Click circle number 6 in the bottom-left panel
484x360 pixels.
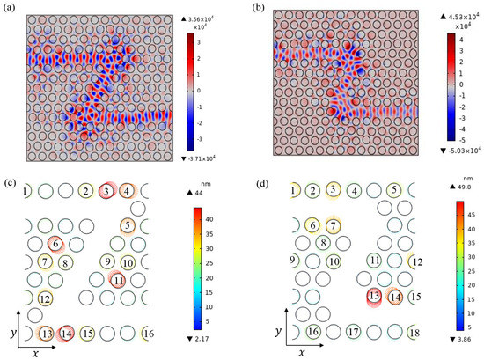pyautogui.click(x=55, y=244)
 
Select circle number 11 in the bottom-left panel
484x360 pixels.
pyautogui.click(x=117, y=280)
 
